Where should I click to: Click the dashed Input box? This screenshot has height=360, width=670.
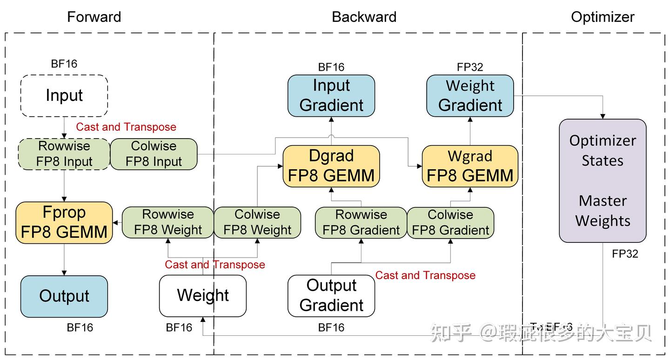64,96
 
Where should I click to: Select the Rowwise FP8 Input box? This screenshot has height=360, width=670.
64,154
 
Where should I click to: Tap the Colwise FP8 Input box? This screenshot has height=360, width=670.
154,154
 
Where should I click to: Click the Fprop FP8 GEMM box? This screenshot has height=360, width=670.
64,222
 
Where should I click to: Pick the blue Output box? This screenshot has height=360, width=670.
64,296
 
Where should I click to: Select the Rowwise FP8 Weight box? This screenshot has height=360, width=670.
167,222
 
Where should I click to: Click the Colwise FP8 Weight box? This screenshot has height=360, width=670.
257,222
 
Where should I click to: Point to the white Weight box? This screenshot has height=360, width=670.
203,296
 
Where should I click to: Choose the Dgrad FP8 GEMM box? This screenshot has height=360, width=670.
331,166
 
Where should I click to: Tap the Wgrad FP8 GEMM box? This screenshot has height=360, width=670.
470,166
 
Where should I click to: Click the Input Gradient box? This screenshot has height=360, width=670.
331,95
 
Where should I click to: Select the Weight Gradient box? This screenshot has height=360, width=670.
470,95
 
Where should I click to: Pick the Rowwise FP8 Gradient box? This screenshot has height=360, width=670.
361,222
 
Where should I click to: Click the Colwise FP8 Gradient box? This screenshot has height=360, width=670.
450,222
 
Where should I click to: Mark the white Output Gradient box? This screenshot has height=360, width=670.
331,296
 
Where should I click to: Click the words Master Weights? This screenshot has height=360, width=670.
603,211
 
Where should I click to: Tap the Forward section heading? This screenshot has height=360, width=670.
94,17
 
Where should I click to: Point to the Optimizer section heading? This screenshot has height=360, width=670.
603,17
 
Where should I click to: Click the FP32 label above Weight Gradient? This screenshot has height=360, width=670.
470,67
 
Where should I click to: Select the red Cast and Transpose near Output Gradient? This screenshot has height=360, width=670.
425,275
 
